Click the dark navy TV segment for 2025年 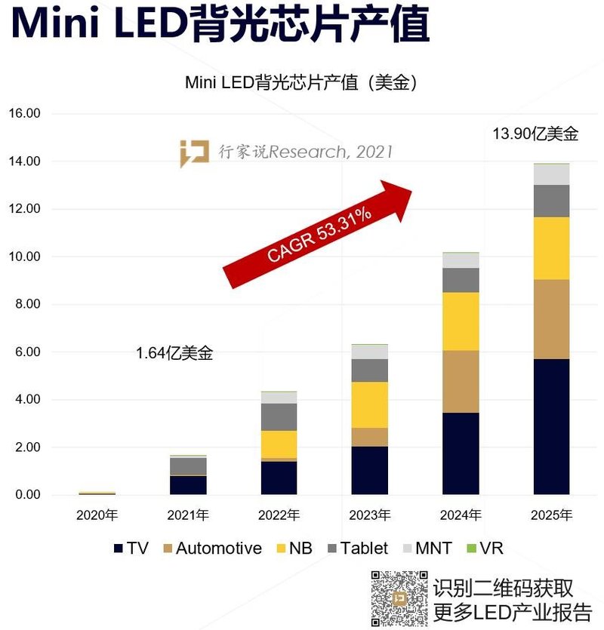(551, 426)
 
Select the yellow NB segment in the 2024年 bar (461, 321)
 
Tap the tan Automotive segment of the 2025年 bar (551, 319)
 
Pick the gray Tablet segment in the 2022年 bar (279, 416)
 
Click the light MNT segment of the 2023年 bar (369, 352)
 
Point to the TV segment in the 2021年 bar (188, 484)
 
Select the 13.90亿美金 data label (535, 134)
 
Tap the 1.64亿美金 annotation (174, 352)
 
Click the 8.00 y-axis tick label (26, 304)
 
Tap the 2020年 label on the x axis (97, 516)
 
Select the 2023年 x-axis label (369, 516)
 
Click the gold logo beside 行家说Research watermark (194, 153)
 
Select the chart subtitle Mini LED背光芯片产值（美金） (301, 83)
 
